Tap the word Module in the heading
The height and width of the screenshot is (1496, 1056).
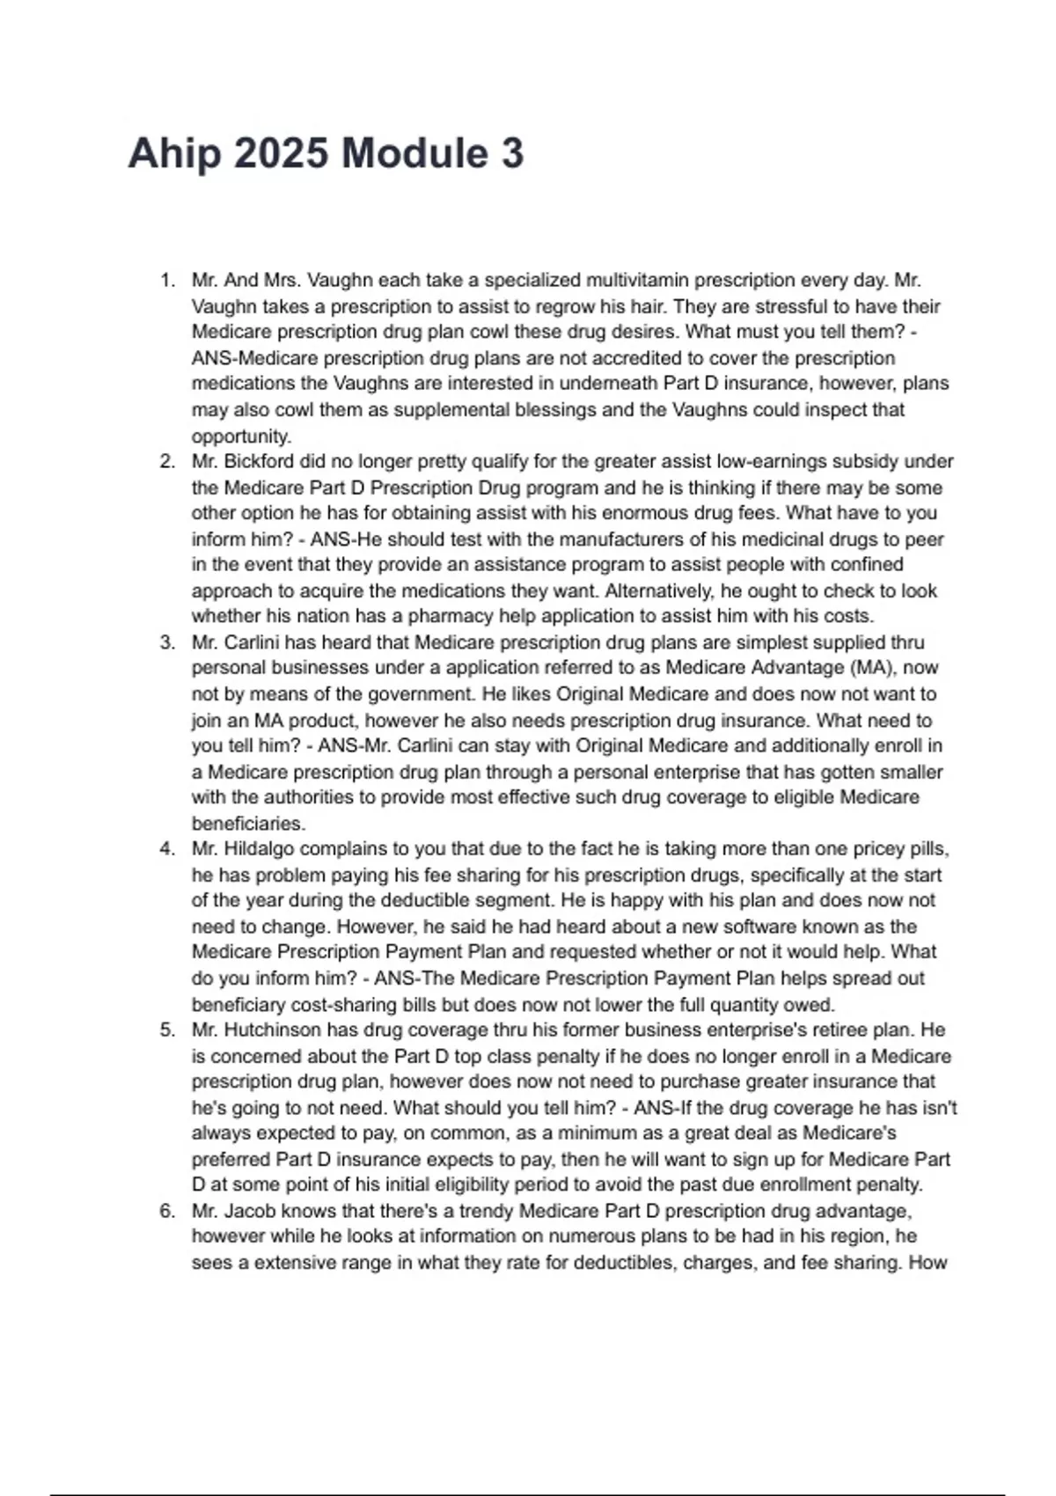click(414, 154)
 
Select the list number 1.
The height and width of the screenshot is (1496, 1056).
click(166, 281)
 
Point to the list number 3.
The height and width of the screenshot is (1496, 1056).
click(166, 642)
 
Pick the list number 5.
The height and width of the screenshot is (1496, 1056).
click(166, 1030)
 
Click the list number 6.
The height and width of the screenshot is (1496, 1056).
click(166, 1211)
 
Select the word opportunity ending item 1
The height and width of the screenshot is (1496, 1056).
click(240, 436)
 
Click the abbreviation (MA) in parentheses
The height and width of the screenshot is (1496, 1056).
click(868, 668)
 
